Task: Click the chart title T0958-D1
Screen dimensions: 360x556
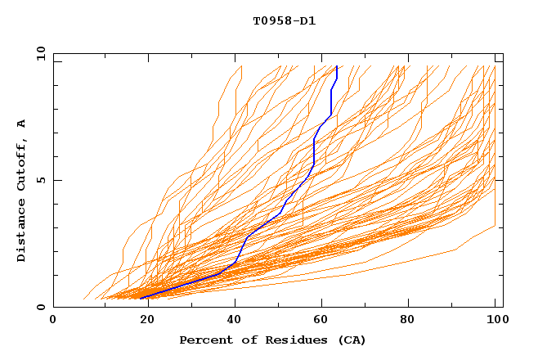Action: [285, 21]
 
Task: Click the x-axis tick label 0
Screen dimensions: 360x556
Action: [53, 320]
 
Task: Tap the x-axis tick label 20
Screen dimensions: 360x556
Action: [142, 320]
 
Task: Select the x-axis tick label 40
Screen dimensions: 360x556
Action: [231, 320]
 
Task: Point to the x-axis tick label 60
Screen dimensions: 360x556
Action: [319, 320]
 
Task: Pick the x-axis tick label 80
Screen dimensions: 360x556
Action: [407, 320]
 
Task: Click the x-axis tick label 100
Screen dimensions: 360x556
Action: [495, 320]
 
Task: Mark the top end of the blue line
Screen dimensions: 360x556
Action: [337, 66]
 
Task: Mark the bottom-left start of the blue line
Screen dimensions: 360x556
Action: [141, 297]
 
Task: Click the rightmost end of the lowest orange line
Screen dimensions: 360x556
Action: [495, 226]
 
